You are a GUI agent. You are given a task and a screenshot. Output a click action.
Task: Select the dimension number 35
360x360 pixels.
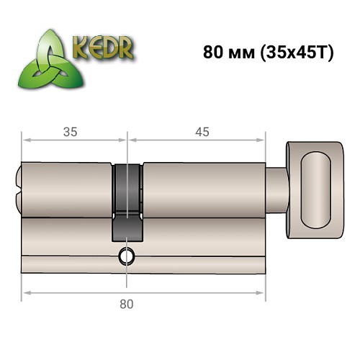point(70,131)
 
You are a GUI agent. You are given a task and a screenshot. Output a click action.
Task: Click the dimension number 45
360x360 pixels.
point(202,131)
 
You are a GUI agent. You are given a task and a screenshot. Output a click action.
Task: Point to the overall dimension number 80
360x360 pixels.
point(127,305)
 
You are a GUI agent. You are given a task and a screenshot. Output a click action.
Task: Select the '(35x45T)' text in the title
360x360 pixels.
point(292,55)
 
